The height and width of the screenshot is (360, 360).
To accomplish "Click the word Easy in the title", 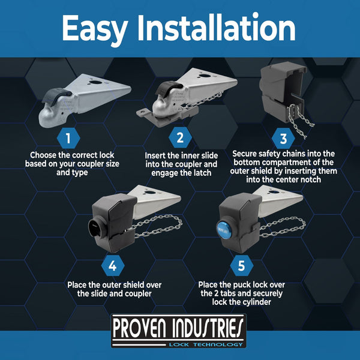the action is tap(95, 29).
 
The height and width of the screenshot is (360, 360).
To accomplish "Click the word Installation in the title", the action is tap(216, 28).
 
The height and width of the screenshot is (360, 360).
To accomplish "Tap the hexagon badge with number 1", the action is tap(68, 138).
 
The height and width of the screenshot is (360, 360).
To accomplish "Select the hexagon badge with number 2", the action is tap(180, 137).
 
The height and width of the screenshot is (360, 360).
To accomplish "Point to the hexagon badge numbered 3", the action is tap(283, 139).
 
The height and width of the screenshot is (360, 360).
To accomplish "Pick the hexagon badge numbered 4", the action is tap(113, 266).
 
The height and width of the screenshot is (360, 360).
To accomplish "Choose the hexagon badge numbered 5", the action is tap(242, 266).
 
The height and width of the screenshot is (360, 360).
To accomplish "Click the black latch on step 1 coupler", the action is tap(56, 97).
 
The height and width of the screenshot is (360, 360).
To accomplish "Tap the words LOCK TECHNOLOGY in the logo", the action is tap(206, 344).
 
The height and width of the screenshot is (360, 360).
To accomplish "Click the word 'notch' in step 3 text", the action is tap(310, 179).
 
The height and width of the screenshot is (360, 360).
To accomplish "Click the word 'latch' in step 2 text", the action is tap(202, 173).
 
